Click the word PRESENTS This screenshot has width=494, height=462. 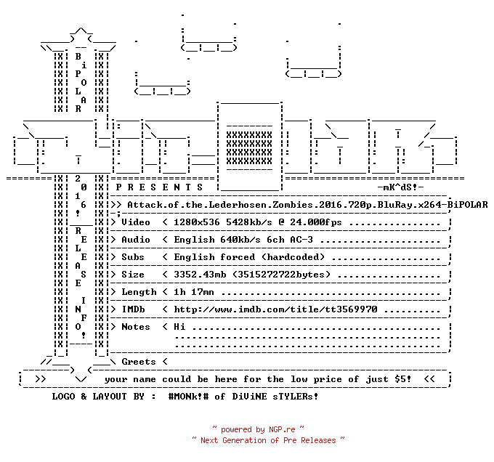[159, 187]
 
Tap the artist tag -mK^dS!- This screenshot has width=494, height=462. [400, 187]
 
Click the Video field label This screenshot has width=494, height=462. [136, 222]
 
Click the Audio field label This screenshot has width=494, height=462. [136, 240]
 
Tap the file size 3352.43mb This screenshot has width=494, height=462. [200, 275]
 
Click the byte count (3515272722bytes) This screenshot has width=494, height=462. [281, 275]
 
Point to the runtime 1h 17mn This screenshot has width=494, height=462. [194, 292]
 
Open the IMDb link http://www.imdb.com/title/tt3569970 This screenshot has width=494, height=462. [275, 309]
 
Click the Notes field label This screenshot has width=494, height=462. [136, 327]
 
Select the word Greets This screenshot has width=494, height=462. [139, 362]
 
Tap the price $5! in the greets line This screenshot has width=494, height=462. [403, 379]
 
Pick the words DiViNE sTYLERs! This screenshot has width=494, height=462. [275, 397]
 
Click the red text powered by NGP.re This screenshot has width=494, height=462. [258, 429]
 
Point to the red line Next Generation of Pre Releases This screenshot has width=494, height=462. [268, 440]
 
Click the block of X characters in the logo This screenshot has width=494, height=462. [249, 148]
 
